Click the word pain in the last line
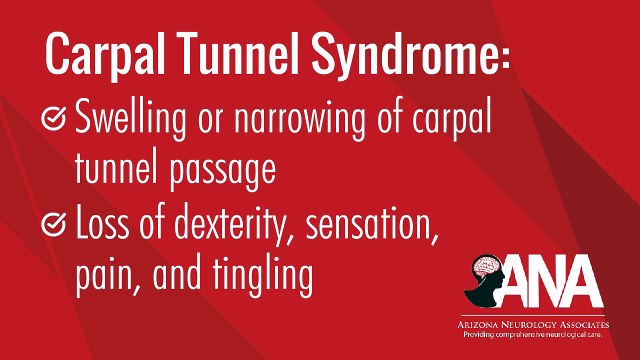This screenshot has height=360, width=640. (102, 276)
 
